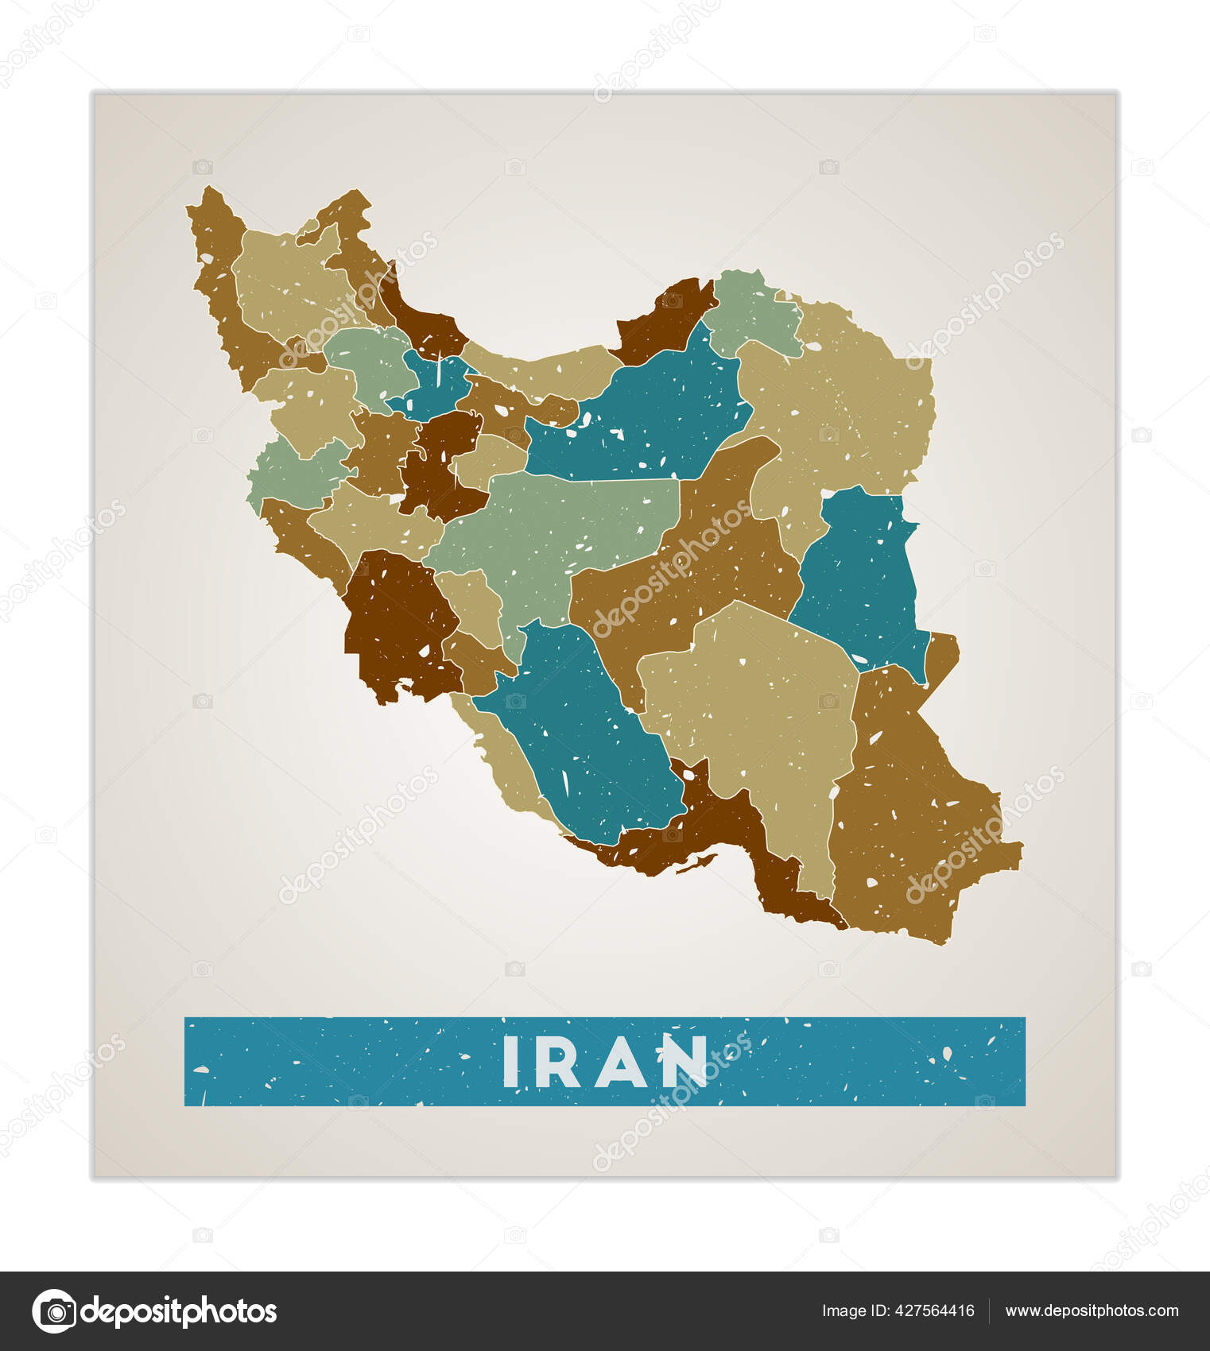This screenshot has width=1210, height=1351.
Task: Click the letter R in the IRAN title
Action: click(562, 1061)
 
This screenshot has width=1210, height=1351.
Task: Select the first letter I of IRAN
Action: click(510, 1061)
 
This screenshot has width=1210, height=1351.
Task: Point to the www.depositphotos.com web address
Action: click(1092, 1311)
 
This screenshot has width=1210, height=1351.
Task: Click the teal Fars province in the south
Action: click(588, 731)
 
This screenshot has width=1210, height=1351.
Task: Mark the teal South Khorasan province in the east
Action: click(859, 572)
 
